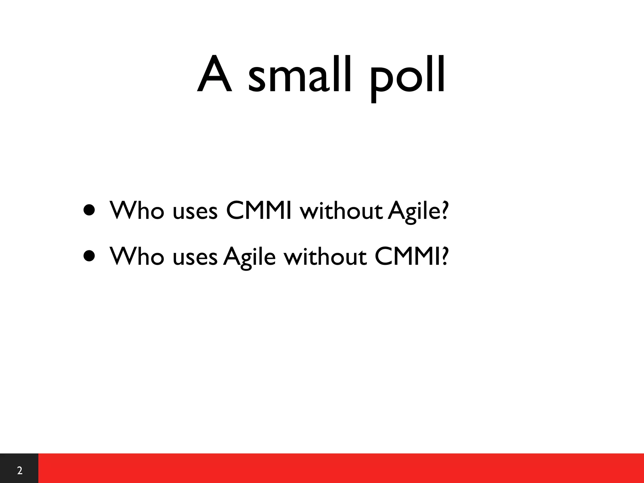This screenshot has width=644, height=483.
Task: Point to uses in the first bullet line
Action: [195, 212]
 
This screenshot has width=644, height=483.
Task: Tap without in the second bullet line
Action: [325, 256]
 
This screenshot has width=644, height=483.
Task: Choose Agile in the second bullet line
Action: [249, 257]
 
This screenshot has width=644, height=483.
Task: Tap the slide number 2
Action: [19, 471]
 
